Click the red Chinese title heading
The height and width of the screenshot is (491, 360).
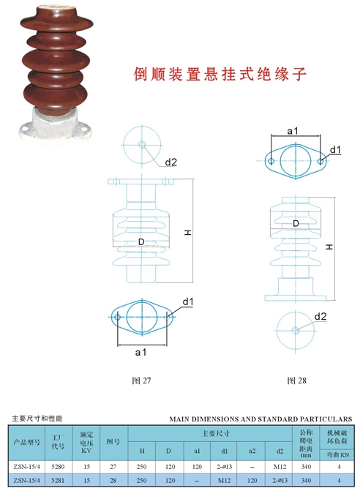220,75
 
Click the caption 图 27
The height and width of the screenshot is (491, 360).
141,381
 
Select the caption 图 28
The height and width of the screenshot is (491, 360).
296,381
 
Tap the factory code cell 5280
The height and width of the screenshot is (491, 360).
58,467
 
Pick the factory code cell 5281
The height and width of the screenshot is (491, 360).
58,480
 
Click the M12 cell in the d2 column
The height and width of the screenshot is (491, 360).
280,467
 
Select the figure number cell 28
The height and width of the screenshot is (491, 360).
113,480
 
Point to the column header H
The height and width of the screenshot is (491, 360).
142,451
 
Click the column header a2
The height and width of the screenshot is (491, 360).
252,451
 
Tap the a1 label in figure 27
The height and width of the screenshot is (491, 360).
140,353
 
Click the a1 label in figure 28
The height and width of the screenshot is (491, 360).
293,131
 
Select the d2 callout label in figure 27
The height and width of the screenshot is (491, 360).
171,162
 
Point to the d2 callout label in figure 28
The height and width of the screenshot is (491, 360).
320,317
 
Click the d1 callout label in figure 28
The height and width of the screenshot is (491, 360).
335,150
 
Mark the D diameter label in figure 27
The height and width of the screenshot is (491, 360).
141,241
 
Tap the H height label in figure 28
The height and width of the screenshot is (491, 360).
329,247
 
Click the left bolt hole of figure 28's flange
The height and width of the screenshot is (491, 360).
271,161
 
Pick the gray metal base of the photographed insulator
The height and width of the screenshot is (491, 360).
54,124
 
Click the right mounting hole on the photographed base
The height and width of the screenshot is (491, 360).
84,127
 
